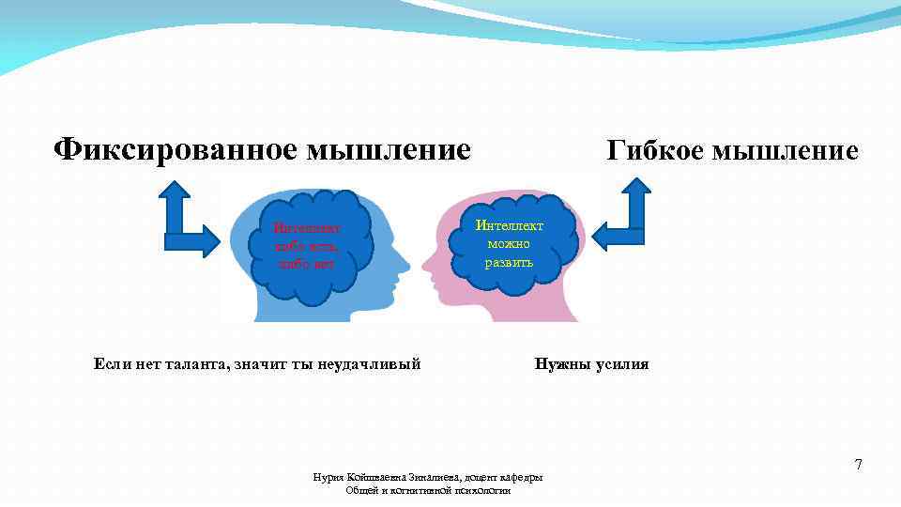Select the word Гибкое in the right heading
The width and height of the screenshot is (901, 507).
click(x=659, y=150)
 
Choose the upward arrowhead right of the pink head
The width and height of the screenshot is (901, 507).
click(x=636, y=191)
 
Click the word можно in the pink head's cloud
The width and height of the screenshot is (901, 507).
click(x=509, y=244)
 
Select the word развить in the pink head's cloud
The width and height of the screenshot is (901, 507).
click(x=509, y=262)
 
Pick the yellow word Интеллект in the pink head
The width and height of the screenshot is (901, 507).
click(x=509, y=226)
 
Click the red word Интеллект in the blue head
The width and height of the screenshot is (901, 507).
click(x=306, y=227)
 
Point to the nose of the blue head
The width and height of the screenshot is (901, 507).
click(x=405, y=259)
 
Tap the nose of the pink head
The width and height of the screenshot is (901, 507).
click(x=425, y=259)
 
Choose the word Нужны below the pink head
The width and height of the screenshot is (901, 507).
click(x=559, y=364)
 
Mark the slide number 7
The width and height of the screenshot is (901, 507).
click(x=857, y=465)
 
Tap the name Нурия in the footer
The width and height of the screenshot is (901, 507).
click(x=328, y=478)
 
